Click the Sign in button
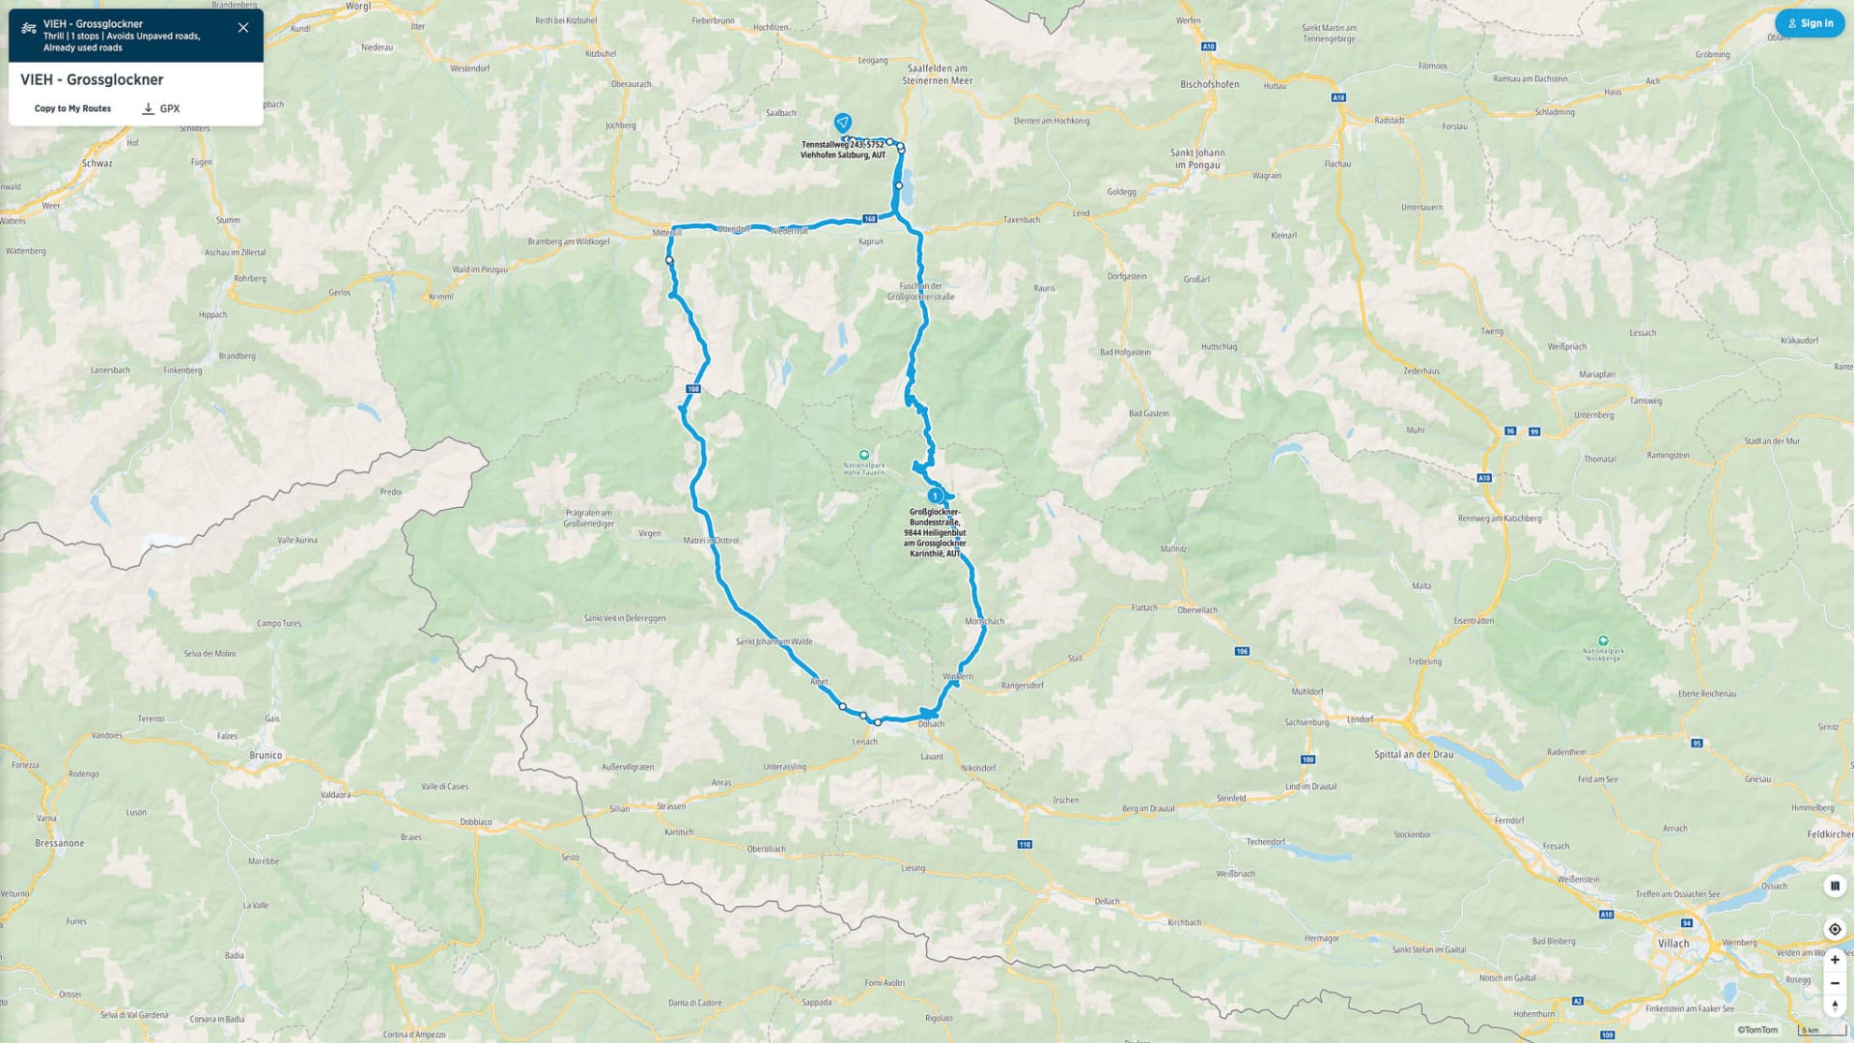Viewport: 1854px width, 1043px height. (x=1810, y=23)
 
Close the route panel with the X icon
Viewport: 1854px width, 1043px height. (x=243, y=28)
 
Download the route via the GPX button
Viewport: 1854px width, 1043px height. (x=161, y=108)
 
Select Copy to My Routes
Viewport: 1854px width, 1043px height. (x=72, y=108)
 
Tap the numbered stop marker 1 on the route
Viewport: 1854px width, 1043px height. (x=935, y=495)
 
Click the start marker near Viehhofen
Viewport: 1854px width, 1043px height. (x=843, y=123)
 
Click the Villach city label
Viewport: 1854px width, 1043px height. (x=1673, y=944)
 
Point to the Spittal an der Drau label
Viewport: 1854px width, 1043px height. (x=1413, y=754)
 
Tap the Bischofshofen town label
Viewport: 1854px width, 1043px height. (x=1209, y=84)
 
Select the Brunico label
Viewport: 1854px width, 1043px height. (x=266, y=755)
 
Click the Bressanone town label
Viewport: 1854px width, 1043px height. (x=60, y=843)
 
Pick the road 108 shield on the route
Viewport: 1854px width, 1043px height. (x=692, y=389)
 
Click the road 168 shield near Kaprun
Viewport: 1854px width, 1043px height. (x=870, y=219)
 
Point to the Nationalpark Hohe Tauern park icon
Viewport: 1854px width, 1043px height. (x=864, y=455)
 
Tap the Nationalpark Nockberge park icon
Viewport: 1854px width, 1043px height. (x=1603, y=640)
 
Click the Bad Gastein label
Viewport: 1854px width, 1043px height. (x=1148, y=413)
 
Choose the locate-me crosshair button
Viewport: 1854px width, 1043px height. (x=1835, y=929)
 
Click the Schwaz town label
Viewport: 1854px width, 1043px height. (x=97, y=163)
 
